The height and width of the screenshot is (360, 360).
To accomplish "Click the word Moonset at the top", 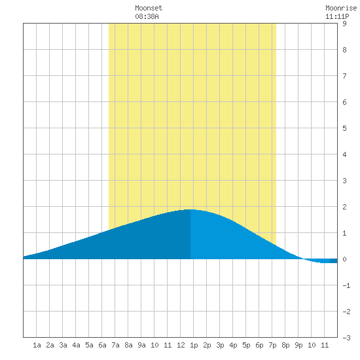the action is coord(149,8).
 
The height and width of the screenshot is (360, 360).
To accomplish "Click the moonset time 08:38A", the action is coord(147,16).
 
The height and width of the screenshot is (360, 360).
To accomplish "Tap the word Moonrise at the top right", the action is coord(341,8).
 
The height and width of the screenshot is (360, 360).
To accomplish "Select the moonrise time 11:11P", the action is coord(337,16).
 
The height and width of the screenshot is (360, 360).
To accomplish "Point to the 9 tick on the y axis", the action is coord(344,24).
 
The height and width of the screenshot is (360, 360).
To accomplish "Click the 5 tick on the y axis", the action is coord(344,128).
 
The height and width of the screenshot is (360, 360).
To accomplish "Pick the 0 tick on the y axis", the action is coord(344,259).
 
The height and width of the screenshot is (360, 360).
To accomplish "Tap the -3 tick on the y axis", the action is coord(346,338).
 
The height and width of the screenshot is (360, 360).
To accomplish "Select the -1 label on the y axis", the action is coord(346,285).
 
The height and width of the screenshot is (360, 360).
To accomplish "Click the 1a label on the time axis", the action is coord(37,345).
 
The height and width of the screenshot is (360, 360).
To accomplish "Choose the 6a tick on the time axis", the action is coord(102,345).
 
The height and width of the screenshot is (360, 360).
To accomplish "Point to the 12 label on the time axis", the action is coord(181,345).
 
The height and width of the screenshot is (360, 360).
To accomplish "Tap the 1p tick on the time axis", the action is coord(194,345).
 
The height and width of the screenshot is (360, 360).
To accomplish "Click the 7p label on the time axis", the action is coord(272,345).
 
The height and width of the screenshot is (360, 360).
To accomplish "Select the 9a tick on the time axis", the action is coord(141,345).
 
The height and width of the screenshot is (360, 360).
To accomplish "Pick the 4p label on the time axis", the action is coord(233,345).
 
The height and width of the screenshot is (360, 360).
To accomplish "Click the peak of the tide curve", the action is coord(190,209).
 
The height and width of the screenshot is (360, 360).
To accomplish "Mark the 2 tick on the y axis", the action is coord(344,207).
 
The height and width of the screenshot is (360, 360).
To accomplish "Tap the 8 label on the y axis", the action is coord(344,50).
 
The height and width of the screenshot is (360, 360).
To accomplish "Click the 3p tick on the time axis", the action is coord(220,345).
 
